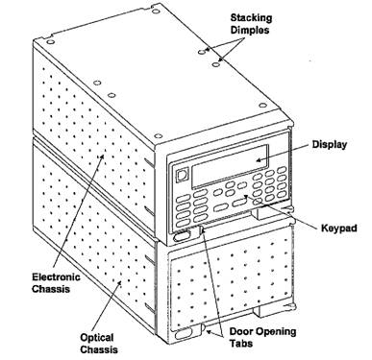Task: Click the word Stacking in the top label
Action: click(x=251, y=18)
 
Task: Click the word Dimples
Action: click(x=250, y=30)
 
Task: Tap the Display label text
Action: click(x=330, y=145)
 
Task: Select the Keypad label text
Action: click(x=339, y=228)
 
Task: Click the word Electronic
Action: click(x=56, y=276)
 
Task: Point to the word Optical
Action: click(x=96, y=338)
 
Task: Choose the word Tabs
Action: click(x=241, y=344)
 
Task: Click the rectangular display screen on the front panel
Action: click(x=230, y=166)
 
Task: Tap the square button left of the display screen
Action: click(x=182, y=175)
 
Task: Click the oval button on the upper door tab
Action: click(x=182, y=237)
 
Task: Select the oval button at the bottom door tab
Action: click(x=183, y=334)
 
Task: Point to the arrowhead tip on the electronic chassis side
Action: click(x=103, y=155)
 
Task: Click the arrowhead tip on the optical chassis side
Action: click(x=120, y=281)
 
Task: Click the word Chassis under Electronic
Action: click(x=51, y=289)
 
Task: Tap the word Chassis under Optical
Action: click(x=99, y=349)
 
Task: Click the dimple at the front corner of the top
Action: click(x=159, y=136)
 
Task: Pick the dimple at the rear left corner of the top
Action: click(x=50, y=42)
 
